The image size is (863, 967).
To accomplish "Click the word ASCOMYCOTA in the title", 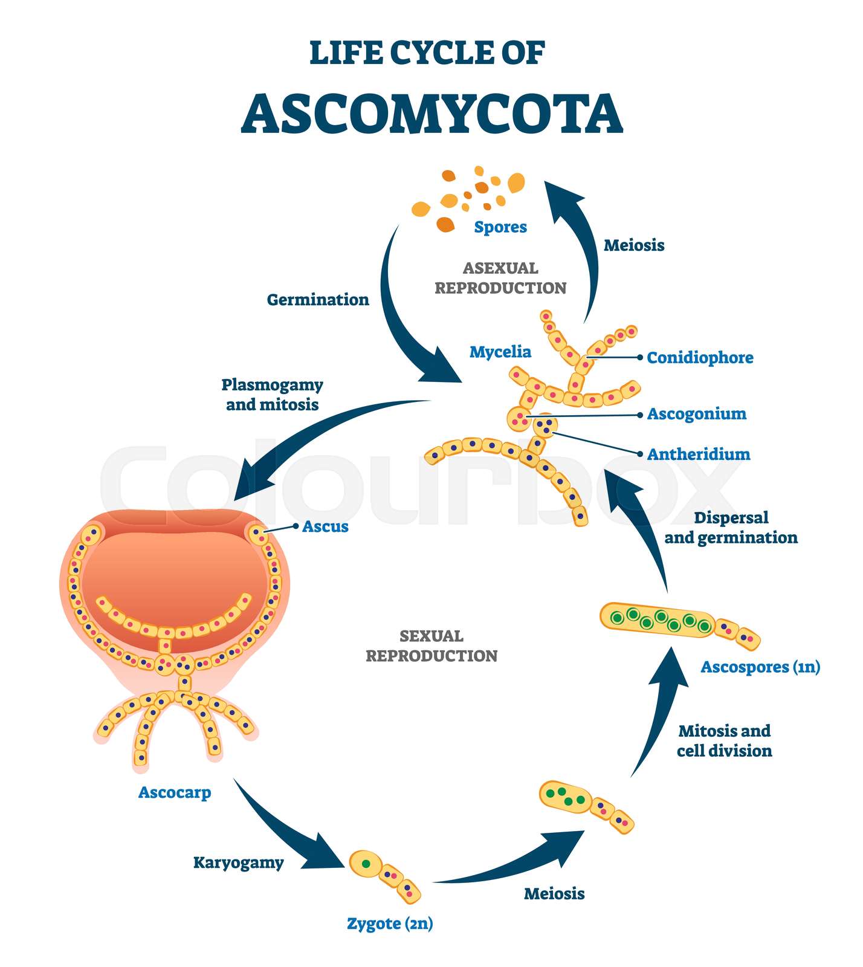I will click(431, 114).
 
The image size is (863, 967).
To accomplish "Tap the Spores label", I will click(500, 227).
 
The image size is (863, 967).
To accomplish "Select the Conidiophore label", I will click(700, 358).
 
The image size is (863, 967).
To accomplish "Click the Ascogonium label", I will click(696, 414).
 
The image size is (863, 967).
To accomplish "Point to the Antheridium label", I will click(698, 454).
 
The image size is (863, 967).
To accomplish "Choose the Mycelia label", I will click(500, 352).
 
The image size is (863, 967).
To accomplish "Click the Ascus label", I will click(325, 526).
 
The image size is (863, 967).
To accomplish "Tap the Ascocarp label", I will click(175, 792).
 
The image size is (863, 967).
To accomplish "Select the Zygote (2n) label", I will click(390, 923).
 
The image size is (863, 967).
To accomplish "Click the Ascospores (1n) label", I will click(760, 667).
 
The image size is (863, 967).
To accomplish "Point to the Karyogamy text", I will click(238, 862).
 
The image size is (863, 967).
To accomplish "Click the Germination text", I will click(318, 300).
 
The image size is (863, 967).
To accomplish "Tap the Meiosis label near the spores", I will click(634, 245).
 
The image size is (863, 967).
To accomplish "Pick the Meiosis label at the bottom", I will click(554, 894).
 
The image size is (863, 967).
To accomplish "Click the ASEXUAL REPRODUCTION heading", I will click(500, 278).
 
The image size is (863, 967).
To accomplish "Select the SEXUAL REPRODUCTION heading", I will click(431, 646).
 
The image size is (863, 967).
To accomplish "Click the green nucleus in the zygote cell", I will click(366, 864).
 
